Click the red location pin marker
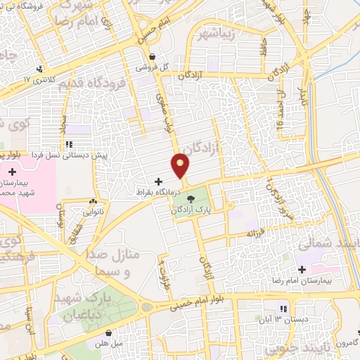182,165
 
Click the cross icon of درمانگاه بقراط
158,181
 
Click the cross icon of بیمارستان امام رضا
302,269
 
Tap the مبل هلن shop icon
109,333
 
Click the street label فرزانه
254,232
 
